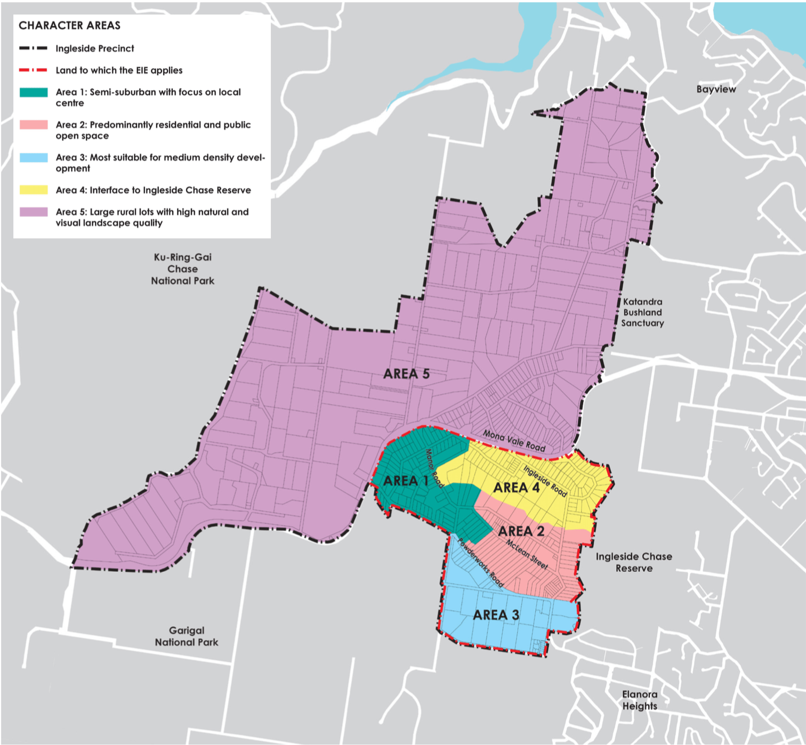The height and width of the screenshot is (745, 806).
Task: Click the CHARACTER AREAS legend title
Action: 69,26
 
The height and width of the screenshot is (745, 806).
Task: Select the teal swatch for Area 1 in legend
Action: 34,92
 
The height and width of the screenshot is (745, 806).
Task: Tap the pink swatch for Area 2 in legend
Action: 34,125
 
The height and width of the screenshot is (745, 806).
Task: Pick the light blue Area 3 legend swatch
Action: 34,158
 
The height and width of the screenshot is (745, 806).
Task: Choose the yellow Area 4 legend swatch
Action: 34,190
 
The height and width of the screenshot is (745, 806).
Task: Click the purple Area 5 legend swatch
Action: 34,212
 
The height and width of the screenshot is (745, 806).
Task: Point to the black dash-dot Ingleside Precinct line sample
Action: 34,48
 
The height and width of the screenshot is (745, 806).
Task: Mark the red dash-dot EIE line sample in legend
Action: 34,70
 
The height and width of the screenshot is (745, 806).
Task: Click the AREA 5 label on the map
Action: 406,374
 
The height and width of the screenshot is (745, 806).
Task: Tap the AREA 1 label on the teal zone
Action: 406,481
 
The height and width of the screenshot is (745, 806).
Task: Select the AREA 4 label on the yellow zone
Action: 516,488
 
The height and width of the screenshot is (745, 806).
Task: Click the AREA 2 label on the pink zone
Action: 521,531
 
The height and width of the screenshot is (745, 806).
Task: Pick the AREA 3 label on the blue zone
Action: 496,615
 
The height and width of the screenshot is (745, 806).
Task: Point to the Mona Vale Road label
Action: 514,441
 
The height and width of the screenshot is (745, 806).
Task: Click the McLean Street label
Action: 527,554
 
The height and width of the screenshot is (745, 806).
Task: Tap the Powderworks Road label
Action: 480,563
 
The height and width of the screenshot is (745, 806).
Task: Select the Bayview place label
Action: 716,90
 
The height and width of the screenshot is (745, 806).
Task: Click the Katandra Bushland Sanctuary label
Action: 642,312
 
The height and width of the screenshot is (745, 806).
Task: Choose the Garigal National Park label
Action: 187,636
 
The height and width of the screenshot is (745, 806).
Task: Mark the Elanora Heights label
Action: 640,700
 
